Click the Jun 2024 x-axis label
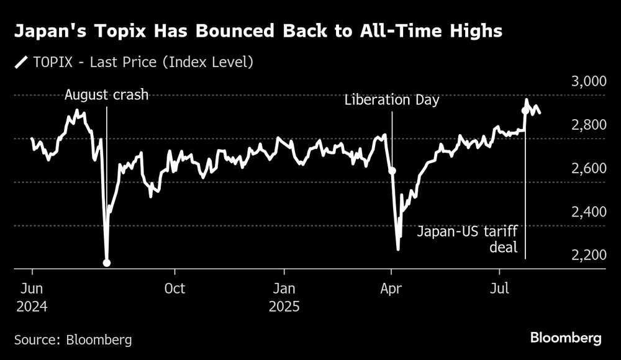click(32, 297)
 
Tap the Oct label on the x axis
click(175, 289)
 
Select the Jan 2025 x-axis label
click(284, 297)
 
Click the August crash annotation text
click(107, 95)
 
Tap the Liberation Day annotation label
click(392, 99)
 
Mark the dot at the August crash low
click(107, 263)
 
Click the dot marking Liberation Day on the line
click(392, 170)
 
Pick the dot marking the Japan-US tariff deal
click(526, 110)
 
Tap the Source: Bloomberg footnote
click(73, 340)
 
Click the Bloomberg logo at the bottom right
click(566, 338)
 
